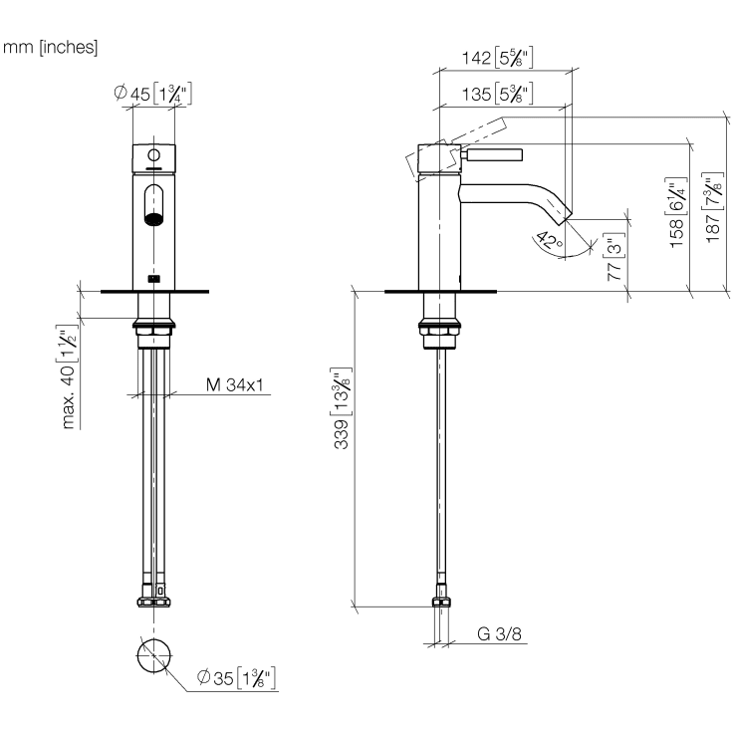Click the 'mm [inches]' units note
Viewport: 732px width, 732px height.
pos(51,47)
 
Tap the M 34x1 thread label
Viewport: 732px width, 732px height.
pos(235,384)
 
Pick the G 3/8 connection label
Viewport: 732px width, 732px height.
pos(499,633)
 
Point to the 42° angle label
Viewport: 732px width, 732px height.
pos(549,241)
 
